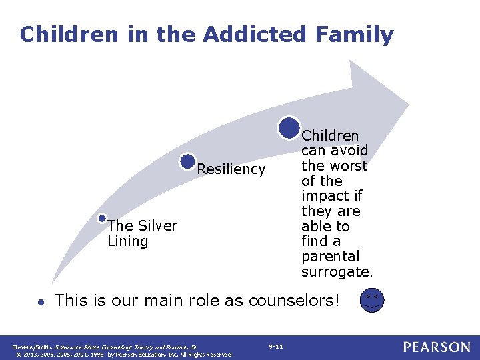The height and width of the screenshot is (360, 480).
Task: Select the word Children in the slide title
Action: click(x=60, y=34)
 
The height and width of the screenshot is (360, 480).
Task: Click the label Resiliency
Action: click(x=231, y=169)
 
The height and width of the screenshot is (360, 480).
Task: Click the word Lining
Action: click(x=127, y=241)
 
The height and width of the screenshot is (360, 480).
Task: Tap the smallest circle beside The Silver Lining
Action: click(x=101, y=218)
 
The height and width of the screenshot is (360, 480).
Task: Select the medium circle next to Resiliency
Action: click(x=188, y=161)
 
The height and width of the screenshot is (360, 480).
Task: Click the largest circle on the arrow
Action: click(x=289, y=127)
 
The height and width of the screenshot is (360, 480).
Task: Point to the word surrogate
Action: click(x=337, y=271)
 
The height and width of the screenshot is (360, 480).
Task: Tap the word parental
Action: click(x=330, y=256)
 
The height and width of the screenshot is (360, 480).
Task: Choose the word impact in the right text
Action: click(x=321, y=196)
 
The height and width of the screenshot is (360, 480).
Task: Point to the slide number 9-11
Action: click(x=275, y=346)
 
